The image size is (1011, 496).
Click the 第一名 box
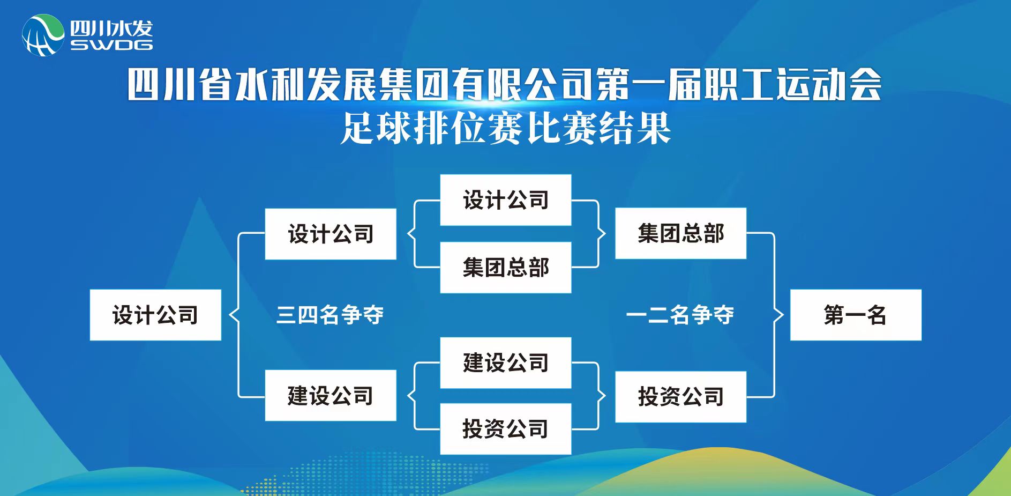point(856,315)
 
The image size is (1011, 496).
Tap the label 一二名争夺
point(680,315)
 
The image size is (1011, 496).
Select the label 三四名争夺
point(329,315)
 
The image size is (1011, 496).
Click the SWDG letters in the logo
point(111,45)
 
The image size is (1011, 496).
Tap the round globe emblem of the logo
point(43,35)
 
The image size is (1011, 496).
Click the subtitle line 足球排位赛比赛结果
point(506,129)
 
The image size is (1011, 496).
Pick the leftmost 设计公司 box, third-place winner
point(155,315)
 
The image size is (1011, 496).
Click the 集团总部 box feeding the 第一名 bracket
point(680,233)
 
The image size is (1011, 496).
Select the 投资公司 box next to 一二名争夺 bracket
point(680,397)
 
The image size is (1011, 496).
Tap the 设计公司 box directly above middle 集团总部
point(505,200)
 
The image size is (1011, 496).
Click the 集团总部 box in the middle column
point(505,268)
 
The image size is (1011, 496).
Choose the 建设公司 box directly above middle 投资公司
point(505,363)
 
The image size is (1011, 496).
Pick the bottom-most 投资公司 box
point(505,429)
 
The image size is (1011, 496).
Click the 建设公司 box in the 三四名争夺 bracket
point(331,396)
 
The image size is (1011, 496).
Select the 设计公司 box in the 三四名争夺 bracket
point(331,234)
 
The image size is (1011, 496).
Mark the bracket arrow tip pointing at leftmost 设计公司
point(230,315)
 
